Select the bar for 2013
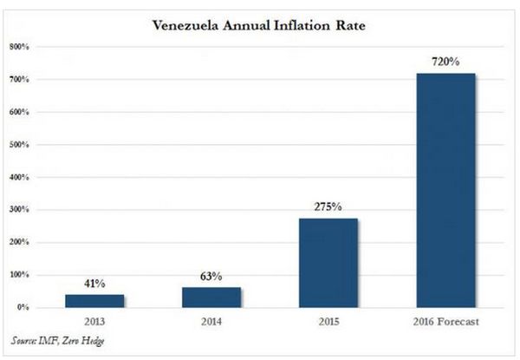tap(94, 301)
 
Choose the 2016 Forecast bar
tap(445, 190)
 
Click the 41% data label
tap(94, 284)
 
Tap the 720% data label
tap(445, 62)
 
